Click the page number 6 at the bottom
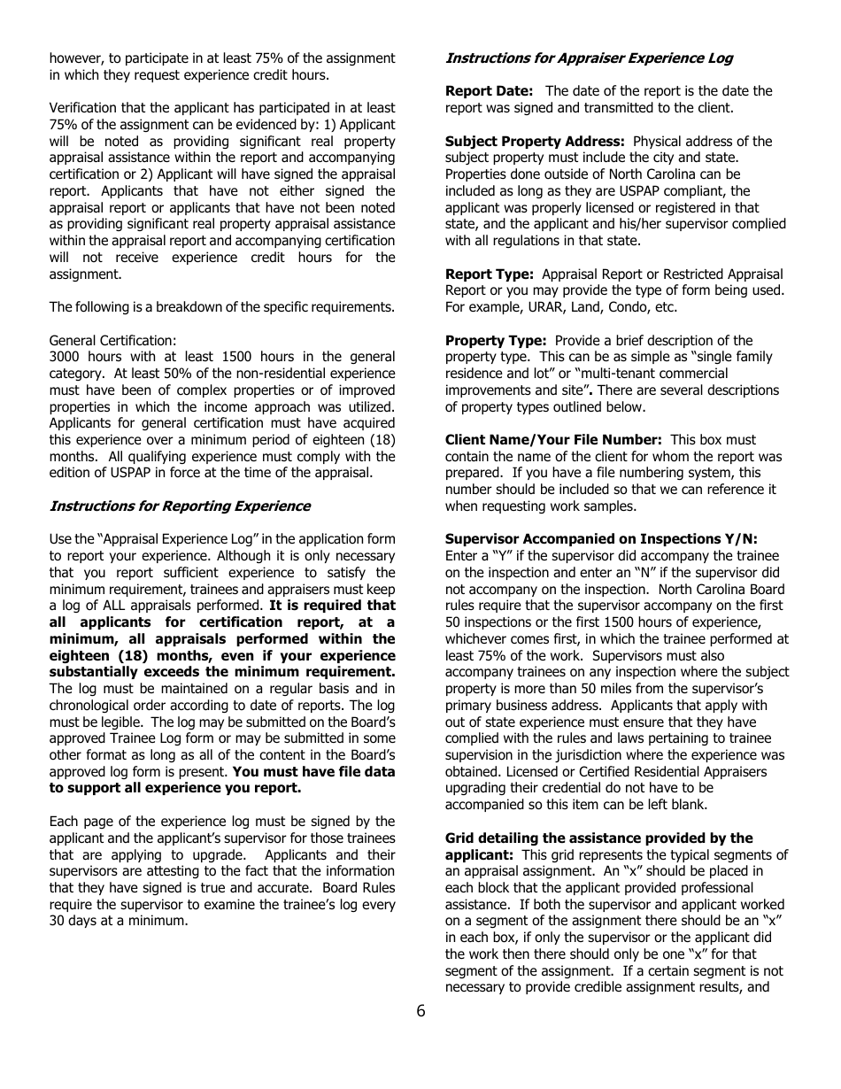click(x=420, y=1012)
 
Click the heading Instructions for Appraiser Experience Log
click(x=589, y=58)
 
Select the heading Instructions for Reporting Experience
click(x=180, y=506)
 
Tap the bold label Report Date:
click(x=489, y=91)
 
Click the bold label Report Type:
click(x=489, y=274)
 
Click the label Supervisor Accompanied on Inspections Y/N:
click(x=601, y=539)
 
